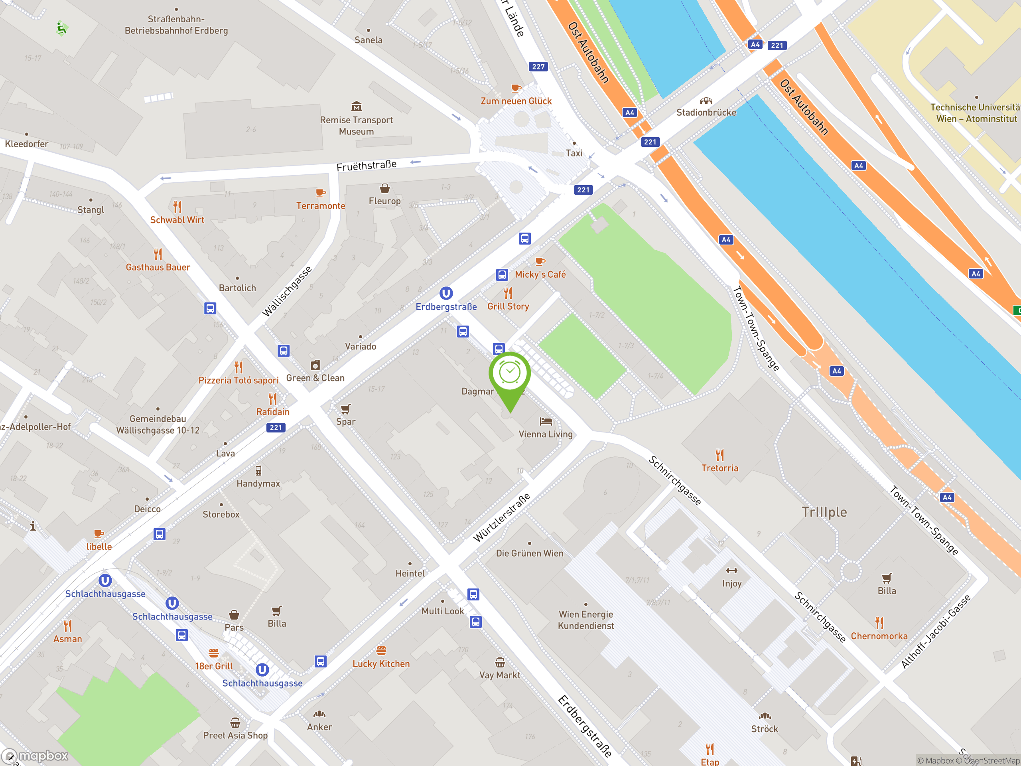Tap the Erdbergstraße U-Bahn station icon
(x=446, y=293)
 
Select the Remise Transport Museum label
(x=356, y=126)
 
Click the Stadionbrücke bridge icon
(x=706, y=101)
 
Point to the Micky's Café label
(x=540, y=274)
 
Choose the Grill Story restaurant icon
(x=508, y=293)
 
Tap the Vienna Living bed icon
(x=546, y=421)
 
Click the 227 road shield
(x=538, y=67)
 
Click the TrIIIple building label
(x=824, y=512)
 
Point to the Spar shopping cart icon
(x=345, y=409)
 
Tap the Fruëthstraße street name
(x=367, y=165)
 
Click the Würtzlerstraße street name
(x=502, y=517)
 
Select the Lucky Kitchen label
(x=381, y=663)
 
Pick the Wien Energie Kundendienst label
(x=586, y=620)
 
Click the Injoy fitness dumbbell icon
(x=731, y=571)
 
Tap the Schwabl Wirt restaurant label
(x=177, y=220)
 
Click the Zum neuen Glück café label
(x=516, y=101)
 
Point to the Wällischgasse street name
(x=287, y=291)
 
